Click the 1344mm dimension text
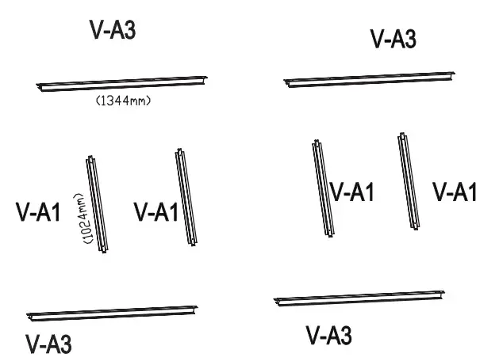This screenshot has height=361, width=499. (x=123, y=101)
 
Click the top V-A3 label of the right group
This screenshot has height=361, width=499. (x=393, y=39)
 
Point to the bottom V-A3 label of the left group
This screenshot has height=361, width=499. (x=48, y=344)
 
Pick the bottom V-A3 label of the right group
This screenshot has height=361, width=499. (x=329, y=336)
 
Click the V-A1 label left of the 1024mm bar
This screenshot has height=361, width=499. (x=38, y=212)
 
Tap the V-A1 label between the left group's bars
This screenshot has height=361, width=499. (x=155, y=212)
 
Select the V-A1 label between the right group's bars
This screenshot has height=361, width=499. (x=351, y=192)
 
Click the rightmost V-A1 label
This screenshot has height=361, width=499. (x=454, y=192)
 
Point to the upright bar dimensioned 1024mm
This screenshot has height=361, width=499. (x=97, y=203)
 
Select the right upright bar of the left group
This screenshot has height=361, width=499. (x=186, y=196)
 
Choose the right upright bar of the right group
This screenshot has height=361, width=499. (x=409, y=181)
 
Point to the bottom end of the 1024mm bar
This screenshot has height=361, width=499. (x=104, y=249)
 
